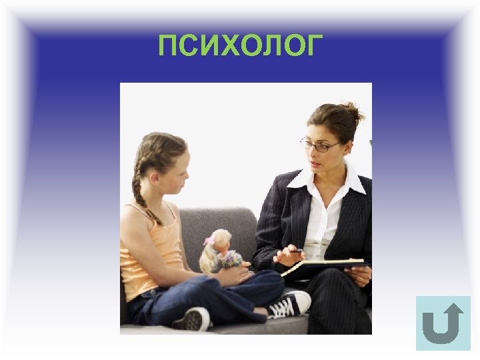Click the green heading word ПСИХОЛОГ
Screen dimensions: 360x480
pos(240,46)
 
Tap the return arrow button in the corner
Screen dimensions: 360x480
pos(443,323)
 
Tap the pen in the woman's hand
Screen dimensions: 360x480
pos(294,251)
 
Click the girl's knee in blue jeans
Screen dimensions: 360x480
pos(267,280)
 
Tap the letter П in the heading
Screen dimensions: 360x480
pos(168,46)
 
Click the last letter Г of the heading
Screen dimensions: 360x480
pos(314,46)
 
